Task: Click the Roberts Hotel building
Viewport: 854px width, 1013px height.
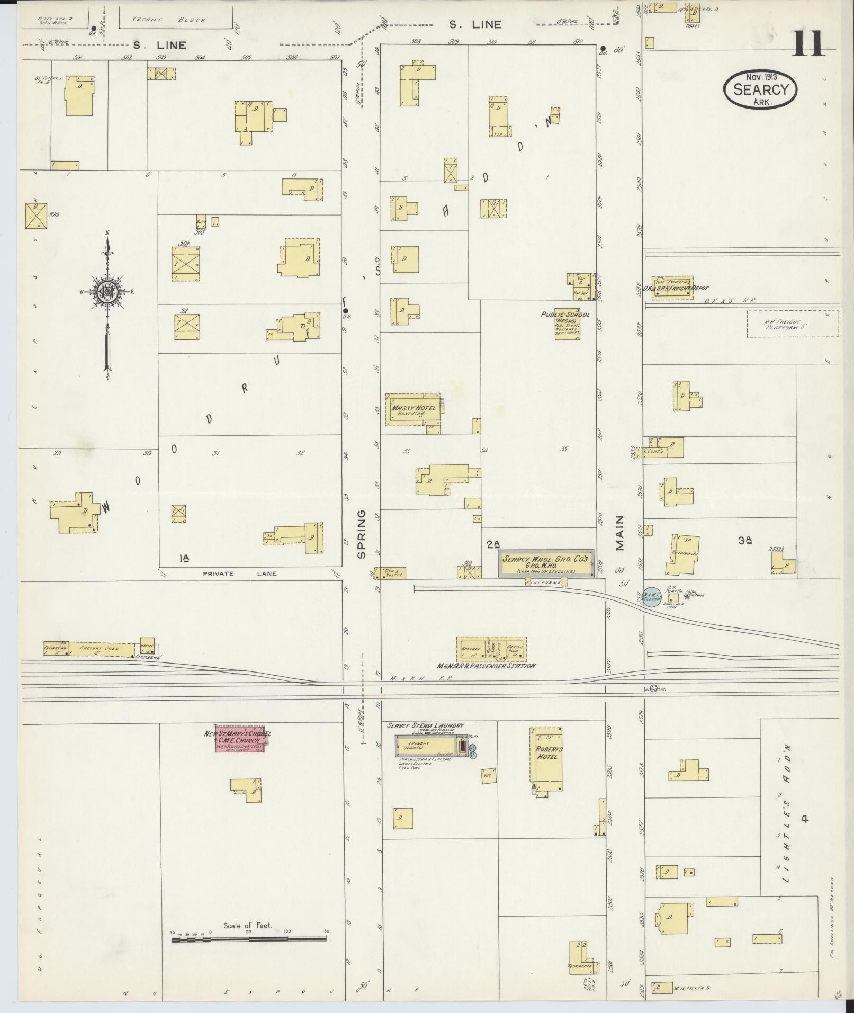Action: pyautogui.click(x=546, y=761)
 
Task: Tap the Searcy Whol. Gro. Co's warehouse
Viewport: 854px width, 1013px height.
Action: pyautogui.click(x=545, y=562)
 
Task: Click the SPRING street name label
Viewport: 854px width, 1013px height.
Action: pyautogui.click(x=362, y=534)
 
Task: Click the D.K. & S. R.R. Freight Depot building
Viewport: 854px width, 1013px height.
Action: pyautogui.click(x=672, y=288)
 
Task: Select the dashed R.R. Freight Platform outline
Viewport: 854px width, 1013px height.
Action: pyautogui.click(x=793, y=324)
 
